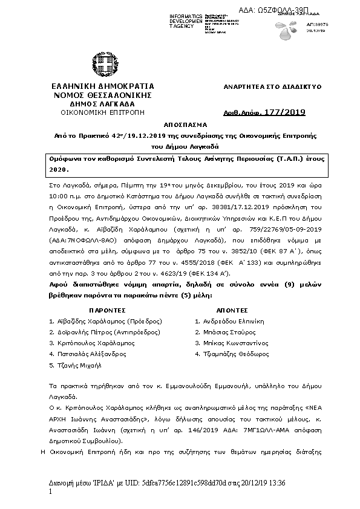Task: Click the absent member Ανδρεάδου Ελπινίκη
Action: (229, 322)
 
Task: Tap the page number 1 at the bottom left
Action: (50, 493)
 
